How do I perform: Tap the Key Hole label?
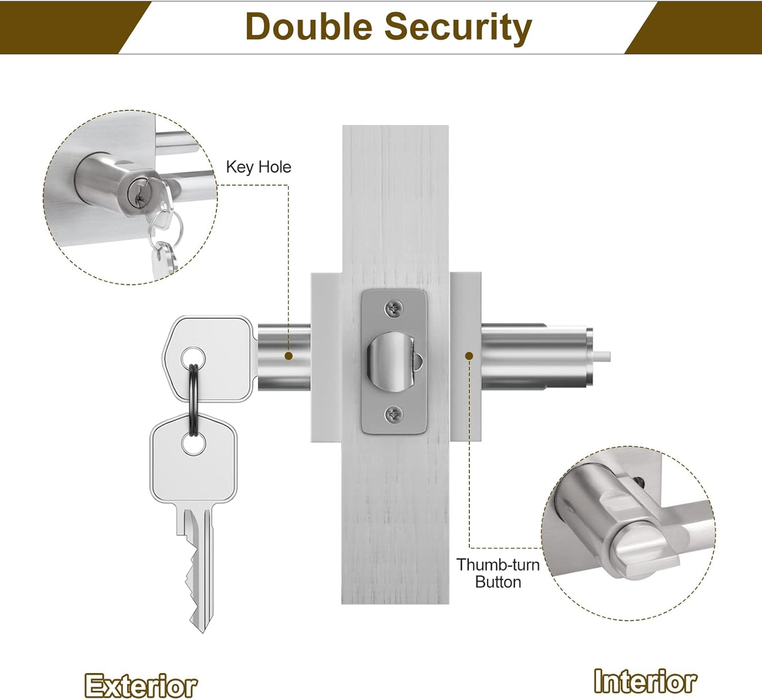point(258,167)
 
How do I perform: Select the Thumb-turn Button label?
point(498,573)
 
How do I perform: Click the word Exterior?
point(141,686)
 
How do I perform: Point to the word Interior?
point(645,681)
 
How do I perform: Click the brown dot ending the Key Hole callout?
point(288,356)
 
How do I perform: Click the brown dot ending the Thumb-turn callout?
point(468,356)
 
